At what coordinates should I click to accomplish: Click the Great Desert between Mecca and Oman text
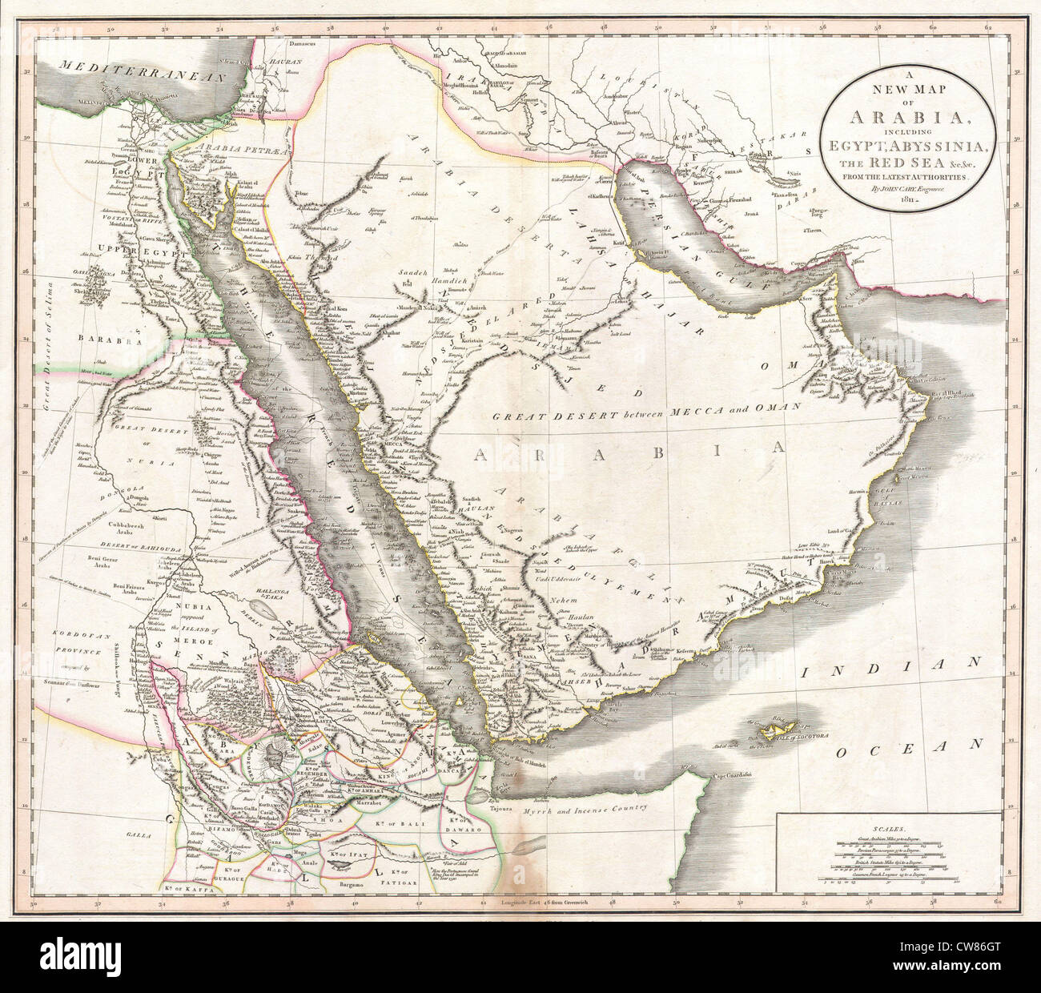[647, 411]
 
